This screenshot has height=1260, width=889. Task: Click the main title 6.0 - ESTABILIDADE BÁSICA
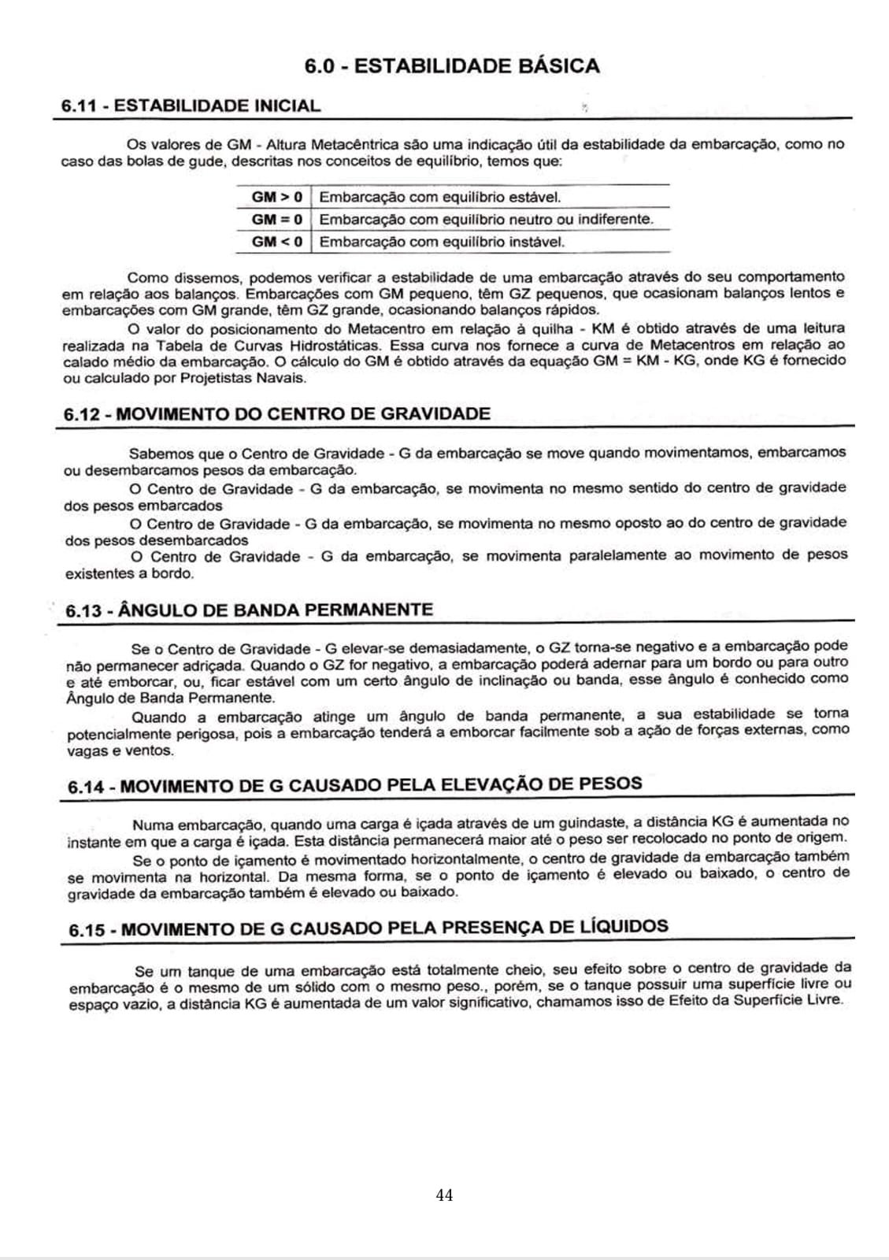451,65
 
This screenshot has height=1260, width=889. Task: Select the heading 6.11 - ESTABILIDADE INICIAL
191,106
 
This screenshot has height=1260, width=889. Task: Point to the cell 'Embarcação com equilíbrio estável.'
439,197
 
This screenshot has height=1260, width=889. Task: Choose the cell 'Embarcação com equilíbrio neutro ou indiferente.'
486,219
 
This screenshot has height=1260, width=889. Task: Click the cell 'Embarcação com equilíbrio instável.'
442,242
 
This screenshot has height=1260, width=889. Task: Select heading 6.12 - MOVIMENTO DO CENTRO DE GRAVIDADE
276,414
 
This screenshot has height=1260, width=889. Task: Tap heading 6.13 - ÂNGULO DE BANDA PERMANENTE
249,610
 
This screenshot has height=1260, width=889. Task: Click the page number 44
444,1195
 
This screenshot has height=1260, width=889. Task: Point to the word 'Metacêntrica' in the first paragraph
355,145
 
